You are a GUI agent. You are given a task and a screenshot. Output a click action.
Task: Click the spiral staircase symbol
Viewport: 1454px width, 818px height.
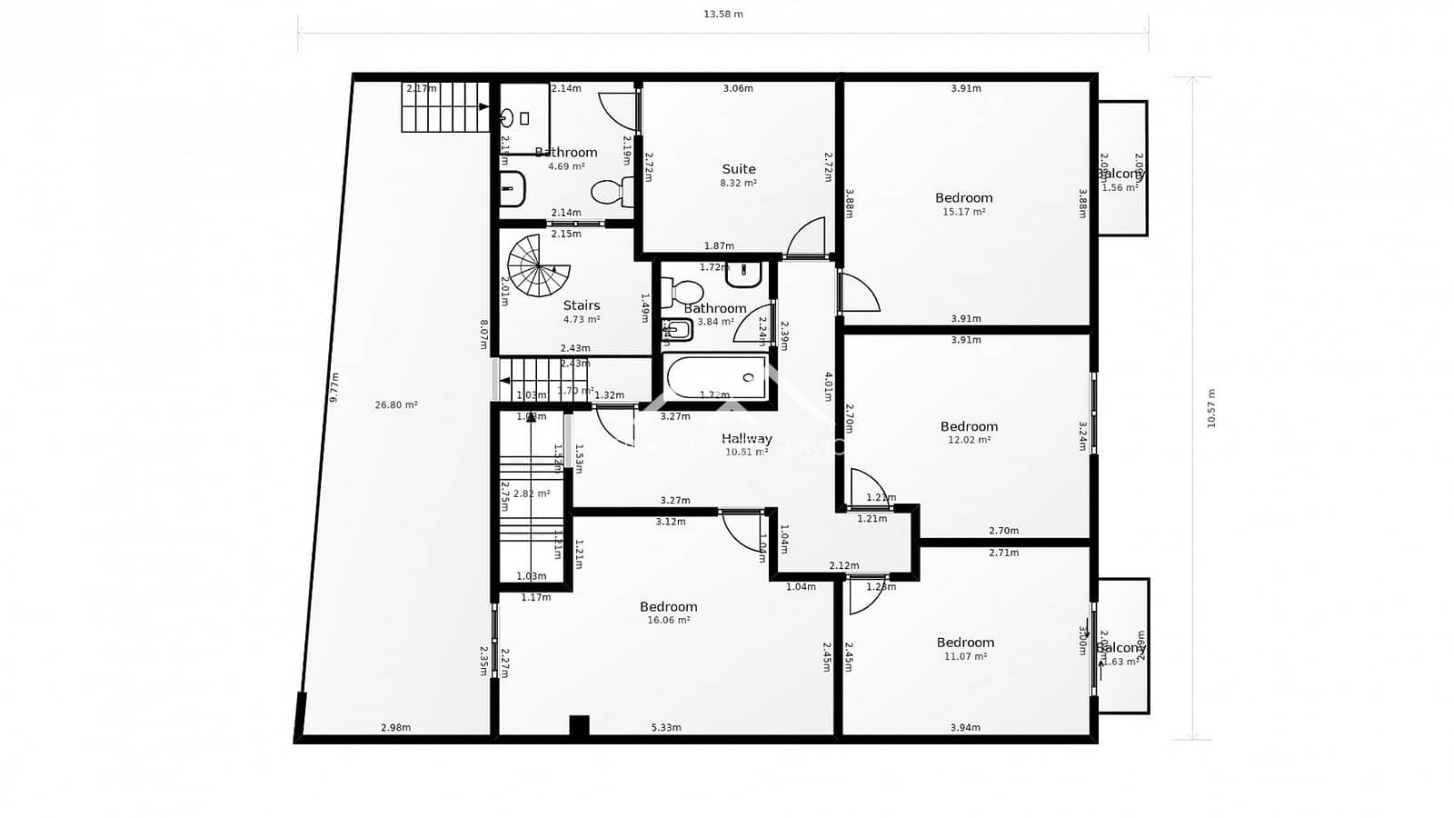tap(538, 265)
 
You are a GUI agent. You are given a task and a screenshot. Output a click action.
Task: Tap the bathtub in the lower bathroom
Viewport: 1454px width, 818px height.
tap(716, 377)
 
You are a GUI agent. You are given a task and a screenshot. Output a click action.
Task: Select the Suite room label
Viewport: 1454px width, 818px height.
tap(739, 169)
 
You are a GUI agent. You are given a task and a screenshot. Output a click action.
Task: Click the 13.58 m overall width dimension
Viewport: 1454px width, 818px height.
tap(723, 14)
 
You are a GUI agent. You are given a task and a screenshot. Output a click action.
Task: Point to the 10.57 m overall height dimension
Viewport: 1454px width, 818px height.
tap(1210, 408)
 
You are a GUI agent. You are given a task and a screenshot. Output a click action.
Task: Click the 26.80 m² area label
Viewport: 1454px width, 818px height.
tap(396, 405)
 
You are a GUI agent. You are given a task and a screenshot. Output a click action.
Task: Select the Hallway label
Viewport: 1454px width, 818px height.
tap(747, 438)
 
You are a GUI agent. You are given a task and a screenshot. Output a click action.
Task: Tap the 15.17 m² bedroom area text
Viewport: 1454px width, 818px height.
tap(964, 212)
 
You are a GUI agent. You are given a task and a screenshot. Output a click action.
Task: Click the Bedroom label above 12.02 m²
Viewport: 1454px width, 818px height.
tap(969, 426)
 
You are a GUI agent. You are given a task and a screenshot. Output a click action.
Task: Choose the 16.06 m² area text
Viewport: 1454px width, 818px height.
tap(669, 620)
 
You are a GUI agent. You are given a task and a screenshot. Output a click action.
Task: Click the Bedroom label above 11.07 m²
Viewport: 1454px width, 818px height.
tap(965, 643)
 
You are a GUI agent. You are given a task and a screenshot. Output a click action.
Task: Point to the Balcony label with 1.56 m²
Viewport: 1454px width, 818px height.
tap(1120, 174)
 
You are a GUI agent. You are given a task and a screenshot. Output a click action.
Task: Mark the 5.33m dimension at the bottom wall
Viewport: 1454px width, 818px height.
tap(666, 727)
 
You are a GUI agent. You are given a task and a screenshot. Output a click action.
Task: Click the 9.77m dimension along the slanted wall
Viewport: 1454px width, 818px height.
tap(334, 387)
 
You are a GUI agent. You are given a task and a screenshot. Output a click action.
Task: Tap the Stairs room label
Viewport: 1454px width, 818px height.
tap(582, 305)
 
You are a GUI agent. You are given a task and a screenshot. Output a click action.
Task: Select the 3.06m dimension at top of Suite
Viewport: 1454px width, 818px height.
tap(738, 88)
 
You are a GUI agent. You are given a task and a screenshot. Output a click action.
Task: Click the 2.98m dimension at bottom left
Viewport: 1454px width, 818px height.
tap(395, 727)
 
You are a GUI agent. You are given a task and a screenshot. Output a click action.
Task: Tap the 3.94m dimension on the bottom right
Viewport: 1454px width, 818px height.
tap(965, 727)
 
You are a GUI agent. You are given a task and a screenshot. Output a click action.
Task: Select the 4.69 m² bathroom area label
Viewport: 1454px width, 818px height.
tap(566, 166)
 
